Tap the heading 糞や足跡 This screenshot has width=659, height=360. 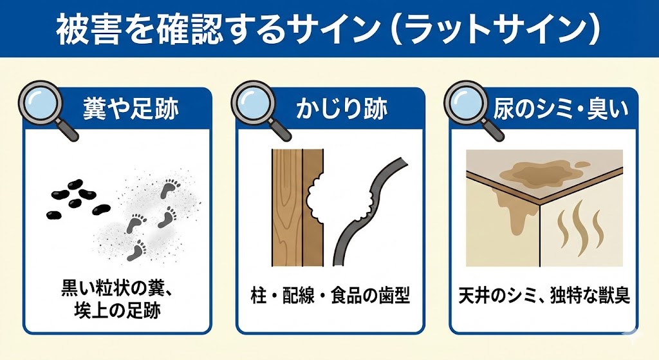point(131,108)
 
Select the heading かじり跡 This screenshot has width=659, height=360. point(342,108)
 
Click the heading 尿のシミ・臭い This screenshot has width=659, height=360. point(561,108)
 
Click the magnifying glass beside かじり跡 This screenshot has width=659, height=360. point(258,108)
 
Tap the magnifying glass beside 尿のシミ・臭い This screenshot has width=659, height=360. point(471,108)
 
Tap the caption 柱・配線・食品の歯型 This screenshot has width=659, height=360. point(329,295)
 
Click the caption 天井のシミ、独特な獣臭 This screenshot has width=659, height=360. point(544,295)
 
